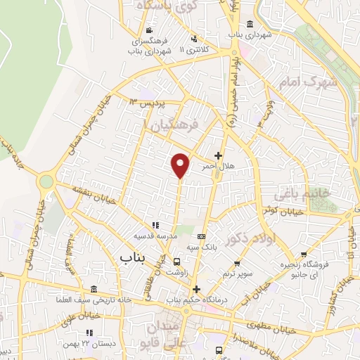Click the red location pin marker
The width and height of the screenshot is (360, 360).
(x=181, y=164)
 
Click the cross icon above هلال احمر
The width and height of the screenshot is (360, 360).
(x=218, y=156)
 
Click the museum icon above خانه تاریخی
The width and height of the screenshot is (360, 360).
(x=94, y=290)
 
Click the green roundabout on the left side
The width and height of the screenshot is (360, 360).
(x=46, y=181)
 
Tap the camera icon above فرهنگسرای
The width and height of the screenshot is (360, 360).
(x=149, y=31)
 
